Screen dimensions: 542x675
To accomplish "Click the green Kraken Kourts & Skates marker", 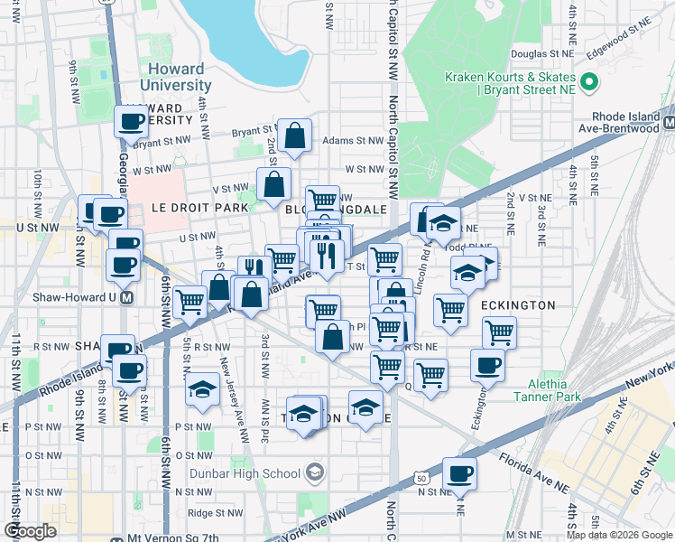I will tap(590, 85).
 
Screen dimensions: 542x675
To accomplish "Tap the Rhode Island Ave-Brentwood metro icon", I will tap(668, 122).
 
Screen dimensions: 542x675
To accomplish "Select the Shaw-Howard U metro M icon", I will tap(127, 298).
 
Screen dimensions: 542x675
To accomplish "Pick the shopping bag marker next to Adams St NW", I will tap(294, 135).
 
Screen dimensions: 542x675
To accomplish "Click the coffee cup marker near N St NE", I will tap(459, 473).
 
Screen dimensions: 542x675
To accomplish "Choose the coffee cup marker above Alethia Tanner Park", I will tap(488, 364).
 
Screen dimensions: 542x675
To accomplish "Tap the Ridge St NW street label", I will tap(207, 512).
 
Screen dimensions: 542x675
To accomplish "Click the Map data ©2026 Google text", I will tap(619, 534).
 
